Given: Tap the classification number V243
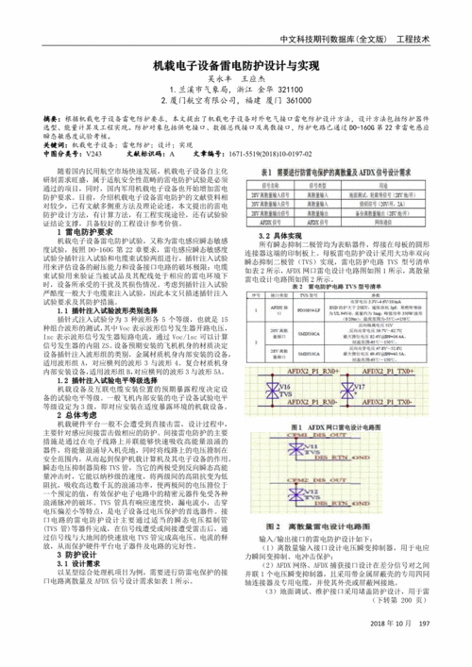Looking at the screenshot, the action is click(93, 150).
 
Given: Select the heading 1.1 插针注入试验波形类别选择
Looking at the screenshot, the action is click(117, 307).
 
